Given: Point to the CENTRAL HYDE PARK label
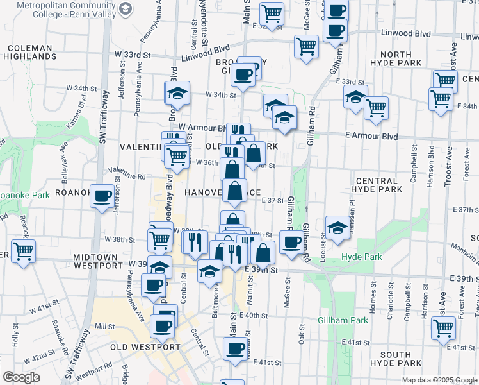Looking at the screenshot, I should (x=377, y=185).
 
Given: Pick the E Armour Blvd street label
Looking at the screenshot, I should (x=371, y=137).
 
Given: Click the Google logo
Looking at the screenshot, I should (x=21, y=377).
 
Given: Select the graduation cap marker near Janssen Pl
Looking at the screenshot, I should (x=337, y=227).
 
